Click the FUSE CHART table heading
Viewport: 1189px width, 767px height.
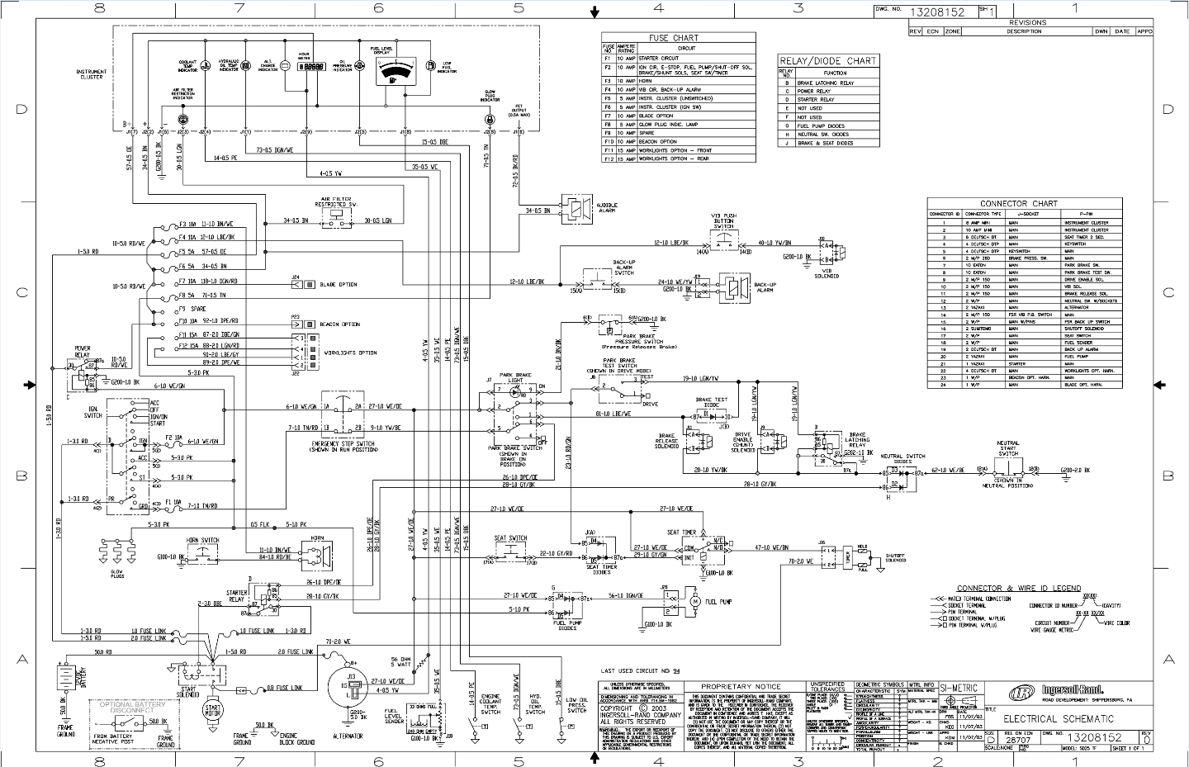coord(673,38)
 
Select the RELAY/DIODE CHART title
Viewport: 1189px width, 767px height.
coord(827,61)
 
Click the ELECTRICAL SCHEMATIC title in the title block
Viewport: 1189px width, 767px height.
coord(1059,718)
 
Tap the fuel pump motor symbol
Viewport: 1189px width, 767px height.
coord(695,602)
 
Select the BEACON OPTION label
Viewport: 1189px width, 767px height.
coord(339,324)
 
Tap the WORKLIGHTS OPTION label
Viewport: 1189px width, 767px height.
coord(350,353)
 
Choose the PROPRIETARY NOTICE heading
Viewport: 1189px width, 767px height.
coord(740,686)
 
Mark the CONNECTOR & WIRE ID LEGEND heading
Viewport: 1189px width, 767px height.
coord(1018,588)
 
